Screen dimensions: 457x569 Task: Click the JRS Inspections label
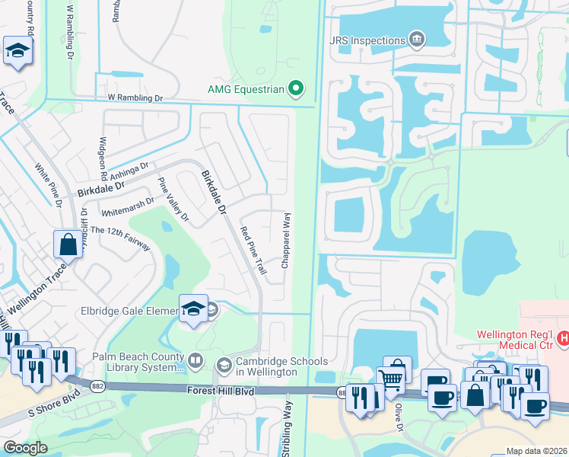tap(367, 40)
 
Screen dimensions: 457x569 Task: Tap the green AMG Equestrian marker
tap(297, 90)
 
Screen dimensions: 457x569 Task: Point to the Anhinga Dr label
tap(129, 170)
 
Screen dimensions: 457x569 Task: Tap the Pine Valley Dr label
tap(173, 200)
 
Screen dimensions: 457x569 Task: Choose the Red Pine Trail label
tap(253, 245)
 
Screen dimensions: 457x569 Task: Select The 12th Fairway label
tap(120, 240)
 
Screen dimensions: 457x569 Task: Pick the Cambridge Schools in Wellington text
tap(282, 366)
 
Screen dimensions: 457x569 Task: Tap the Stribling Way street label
tap(288, 430)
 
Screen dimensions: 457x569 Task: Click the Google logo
tap(24, 448)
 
